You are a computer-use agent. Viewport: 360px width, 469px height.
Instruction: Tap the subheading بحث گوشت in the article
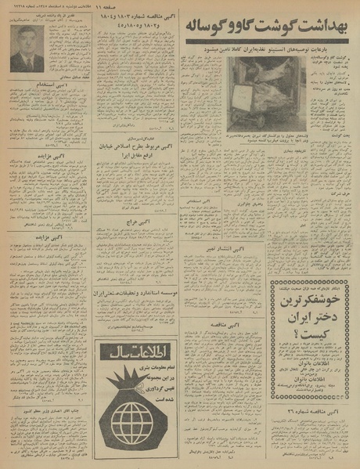340,135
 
